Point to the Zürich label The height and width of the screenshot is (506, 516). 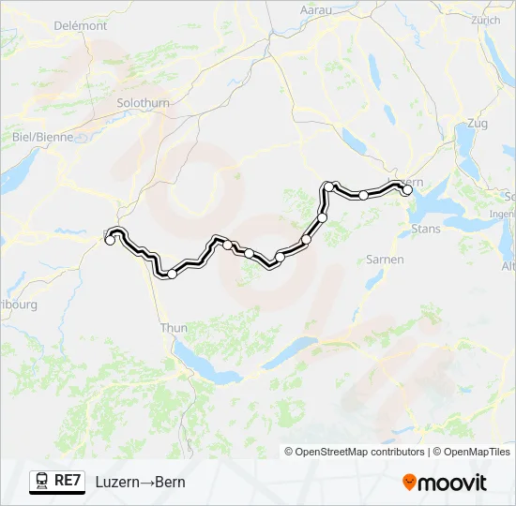point(486,19)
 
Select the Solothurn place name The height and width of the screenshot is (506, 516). point(143,102)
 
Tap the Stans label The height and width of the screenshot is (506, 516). point(426,228)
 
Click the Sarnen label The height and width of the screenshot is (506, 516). point(385,259)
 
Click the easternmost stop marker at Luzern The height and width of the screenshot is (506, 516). point(407,189)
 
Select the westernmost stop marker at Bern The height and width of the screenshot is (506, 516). point(110,240)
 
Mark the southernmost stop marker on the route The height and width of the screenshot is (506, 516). point(172,274)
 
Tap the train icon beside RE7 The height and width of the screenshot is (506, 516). point(42,481)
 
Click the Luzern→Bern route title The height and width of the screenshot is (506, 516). point(140,482)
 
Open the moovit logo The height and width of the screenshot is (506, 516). point(445,482)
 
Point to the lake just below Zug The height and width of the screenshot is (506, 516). point(467,141)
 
